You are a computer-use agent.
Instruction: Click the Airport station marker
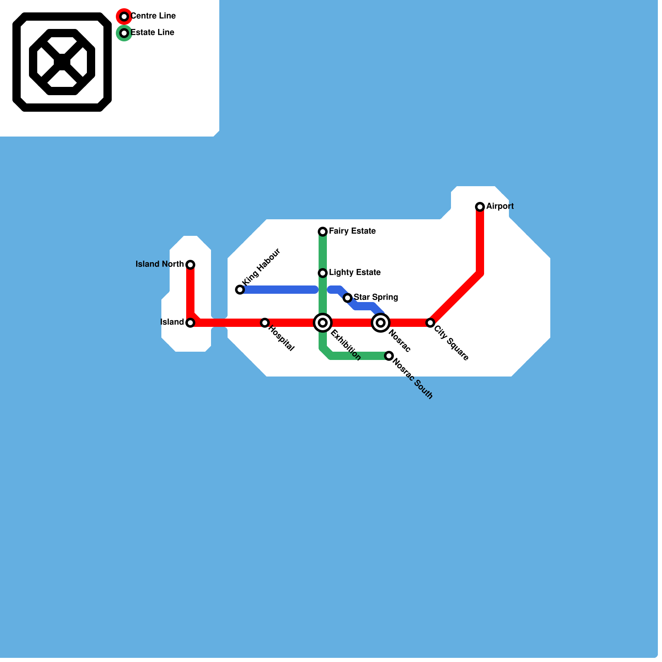(x=480, y=207)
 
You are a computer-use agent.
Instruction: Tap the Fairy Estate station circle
(x=323, y=232)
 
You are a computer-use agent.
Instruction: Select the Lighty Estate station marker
(x=323, y=273)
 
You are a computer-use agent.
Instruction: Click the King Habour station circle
(x=240, y=290)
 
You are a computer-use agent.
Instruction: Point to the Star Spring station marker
(x=348, y=298)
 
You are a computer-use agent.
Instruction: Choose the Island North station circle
(x=190, y=265)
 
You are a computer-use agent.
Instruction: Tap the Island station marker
(x=190, y=323)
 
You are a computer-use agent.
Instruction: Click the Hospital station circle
(x=265, y=323)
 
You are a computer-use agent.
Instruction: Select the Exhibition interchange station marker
(x=323, y=323)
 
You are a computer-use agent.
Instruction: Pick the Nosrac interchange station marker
(x=381, y=323)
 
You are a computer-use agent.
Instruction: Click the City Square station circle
(x=430, y=323)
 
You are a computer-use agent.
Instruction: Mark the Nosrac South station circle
(x=389, y=356)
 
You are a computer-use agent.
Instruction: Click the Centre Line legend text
(x=153, y=16)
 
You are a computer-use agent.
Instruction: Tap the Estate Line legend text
(x=152, y=33)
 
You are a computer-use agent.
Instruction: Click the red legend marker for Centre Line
(x=124, y=17)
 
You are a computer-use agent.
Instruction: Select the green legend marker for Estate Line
(x=124, y=33)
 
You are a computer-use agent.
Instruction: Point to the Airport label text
(x=500, y=206)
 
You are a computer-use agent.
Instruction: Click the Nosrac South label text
(x=413, y=379)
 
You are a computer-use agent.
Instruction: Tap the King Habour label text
(x=261, y=267)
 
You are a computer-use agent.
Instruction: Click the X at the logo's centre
(x=62, y=62)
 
